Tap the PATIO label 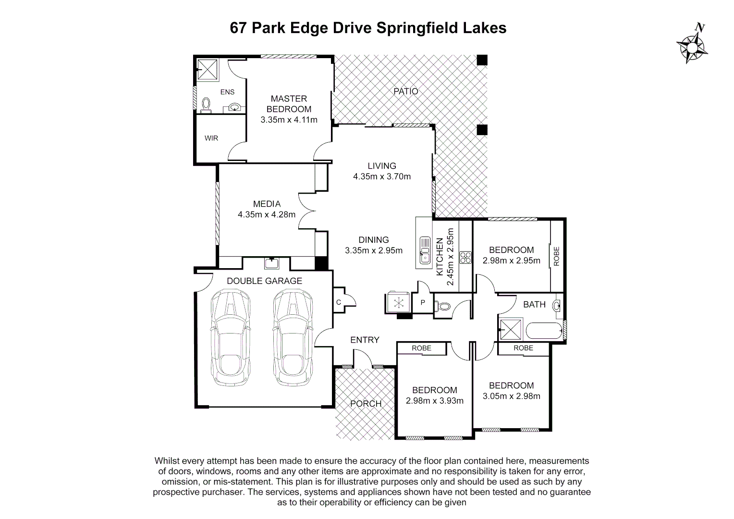[406, 91]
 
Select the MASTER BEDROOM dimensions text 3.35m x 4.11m [289, 120]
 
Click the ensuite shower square [208, 69]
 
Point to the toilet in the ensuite [206, 105]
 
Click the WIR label [211, 138]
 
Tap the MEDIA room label [267, 204]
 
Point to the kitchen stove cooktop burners [465, 258]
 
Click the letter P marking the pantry [423, 303]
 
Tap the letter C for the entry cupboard [338, 302]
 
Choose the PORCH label [366, 404]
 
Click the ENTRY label [365, 340]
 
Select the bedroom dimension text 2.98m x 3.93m [434, 401]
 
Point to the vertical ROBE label [556, 256]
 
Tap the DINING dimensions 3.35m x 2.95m [374, 250]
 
